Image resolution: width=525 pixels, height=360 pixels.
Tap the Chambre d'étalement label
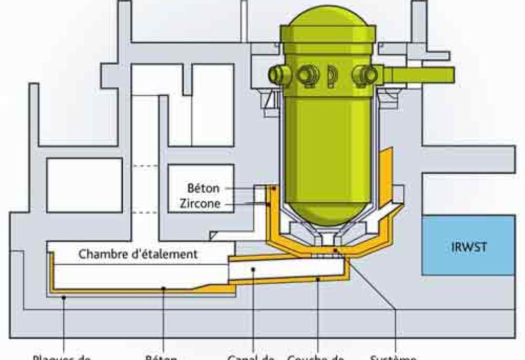139,254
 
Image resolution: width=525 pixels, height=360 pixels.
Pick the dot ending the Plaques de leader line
64,298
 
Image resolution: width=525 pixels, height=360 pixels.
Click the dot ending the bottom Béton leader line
165,289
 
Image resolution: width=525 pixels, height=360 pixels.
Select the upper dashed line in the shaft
144,166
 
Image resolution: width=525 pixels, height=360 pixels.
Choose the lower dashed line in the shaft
144,212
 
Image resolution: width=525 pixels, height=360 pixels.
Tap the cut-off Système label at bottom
394,357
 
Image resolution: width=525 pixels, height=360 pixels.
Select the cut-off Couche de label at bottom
316,357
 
